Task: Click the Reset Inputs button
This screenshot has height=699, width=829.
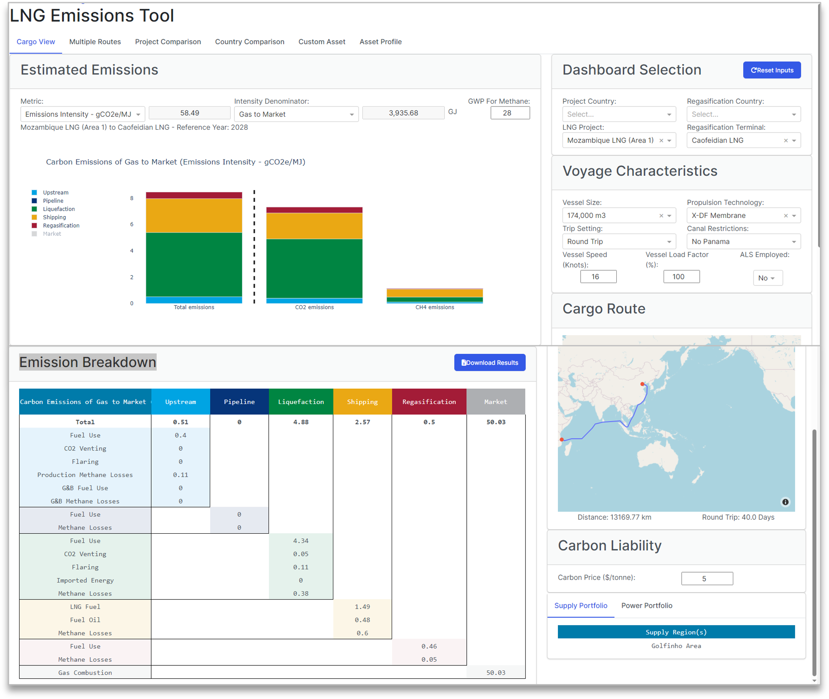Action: point(772,70)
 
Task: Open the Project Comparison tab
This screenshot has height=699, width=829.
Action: point(168,42)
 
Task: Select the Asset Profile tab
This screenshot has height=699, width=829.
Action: point(380,42)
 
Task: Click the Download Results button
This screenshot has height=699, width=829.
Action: point(490,363)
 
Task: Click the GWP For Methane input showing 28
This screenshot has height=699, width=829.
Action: point(510,113)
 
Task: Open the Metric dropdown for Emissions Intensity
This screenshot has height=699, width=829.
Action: point(82,114)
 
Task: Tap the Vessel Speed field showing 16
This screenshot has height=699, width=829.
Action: point(598,277)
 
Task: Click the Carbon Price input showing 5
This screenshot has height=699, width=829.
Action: point(707,578)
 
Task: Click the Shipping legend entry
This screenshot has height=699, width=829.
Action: point(54,217)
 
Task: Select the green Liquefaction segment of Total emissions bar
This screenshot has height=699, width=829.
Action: point(194,264)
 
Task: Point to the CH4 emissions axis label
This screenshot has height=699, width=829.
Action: point(434,307)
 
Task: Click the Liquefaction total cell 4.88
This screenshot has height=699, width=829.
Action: point(301,422)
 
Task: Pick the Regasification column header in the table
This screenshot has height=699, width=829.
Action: point(429,402)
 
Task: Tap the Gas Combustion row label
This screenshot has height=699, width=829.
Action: point(85,672)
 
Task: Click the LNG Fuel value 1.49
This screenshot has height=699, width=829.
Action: point(362,607)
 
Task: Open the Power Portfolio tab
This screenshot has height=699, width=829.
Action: point(647,605)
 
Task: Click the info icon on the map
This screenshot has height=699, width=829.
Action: point(785,502)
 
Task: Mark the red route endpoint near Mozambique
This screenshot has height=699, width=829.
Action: point(562,439)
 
